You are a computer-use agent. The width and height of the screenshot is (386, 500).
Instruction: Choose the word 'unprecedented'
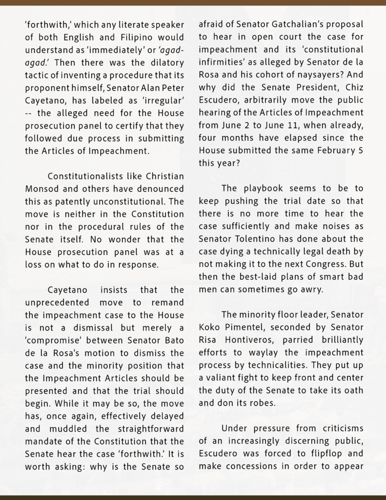click(x=55, y=303)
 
